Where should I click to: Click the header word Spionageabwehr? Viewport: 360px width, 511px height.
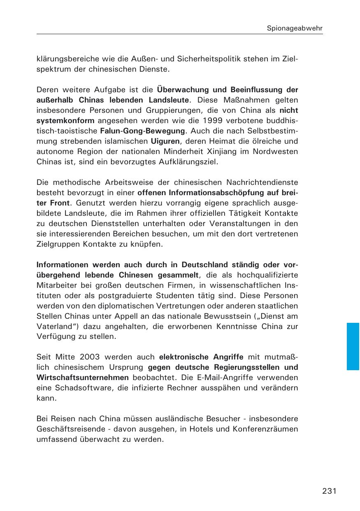[295, 28]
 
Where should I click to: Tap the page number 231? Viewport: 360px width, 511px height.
[330, 491]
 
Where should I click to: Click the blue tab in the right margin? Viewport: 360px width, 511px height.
[353, 346]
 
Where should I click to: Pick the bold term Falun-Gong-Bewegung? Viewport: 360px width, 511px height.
[142, 131]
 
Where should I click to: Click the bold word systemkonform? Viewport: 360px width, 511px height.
[65, 121]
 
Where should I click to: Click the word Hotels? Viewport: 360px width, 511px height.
[185, 429]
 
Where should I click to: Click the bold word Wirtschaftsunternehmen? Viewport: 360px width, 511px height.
[83, 378]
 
